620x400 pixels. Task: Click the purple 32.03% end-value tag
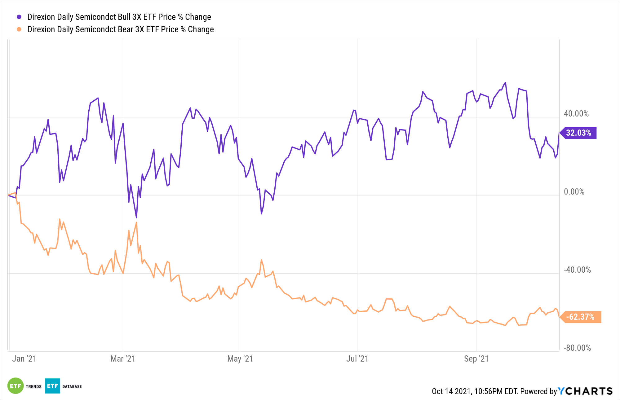point(578,133)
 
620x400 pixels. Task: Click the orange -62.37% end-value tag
point(580,317)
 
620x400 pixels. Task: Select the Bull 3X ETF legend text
point(119,17)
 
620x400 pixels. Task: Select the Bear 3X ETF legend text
point(120,29)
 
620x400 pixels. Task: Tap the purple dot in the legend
point(19,17)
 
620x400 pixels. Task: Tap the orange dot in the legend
point(19,29)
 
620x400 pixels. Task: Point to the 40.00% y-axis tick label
point(576,114)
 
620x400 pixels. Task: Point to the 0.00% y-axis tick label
point(574,192)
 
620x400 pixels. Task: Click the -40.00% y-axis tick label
point(577,270)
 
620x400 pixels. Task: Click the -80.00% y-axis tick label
point(577,348)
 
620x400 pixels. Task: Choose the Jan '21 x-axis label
point(24,359)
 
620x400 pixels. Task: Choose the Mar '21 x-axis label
point(123,359)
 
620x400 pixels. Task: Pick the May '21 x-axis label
point(240,359)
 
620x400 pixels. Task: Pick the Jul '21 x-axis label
point(357,359)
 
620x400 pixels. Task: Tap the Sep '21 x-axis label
point(476,359)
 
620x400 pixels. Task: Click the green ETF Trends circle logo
point(15,386)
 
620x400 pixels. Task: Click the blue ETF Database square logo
point(52,386)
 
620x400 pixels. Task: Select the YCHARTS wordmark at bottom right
point(585,391)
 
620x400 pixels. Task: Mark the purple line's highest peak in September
point(505,82)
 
